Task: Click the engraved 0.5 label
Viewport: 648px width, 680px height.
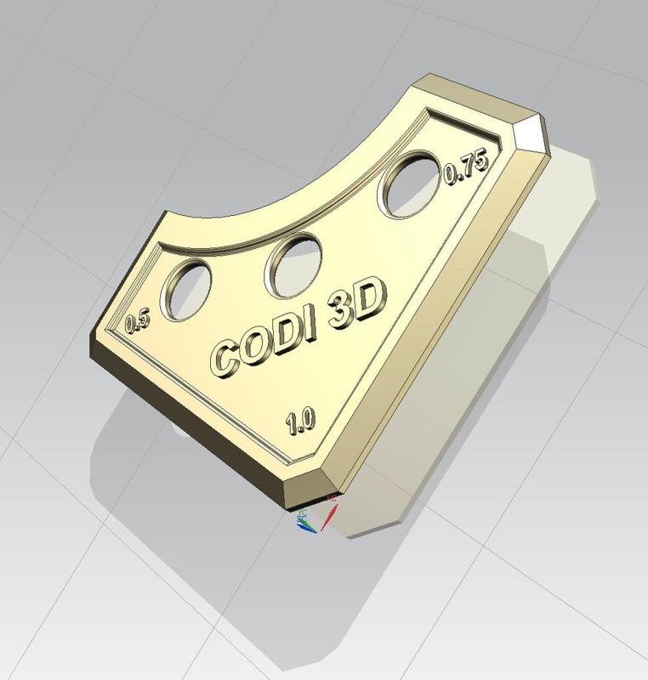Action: pyautogui.click(x=137, y=322)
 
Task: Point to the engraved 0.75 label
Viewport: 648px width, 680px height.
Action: pyautogui.click(x=464, y=170)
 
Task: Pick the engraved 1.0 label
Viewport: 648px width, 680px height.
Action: pyautogui.click(x=300, y=419)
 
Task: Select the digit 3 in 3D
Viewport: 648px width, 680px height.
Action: pyautogui.click(x=343, y=309)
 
